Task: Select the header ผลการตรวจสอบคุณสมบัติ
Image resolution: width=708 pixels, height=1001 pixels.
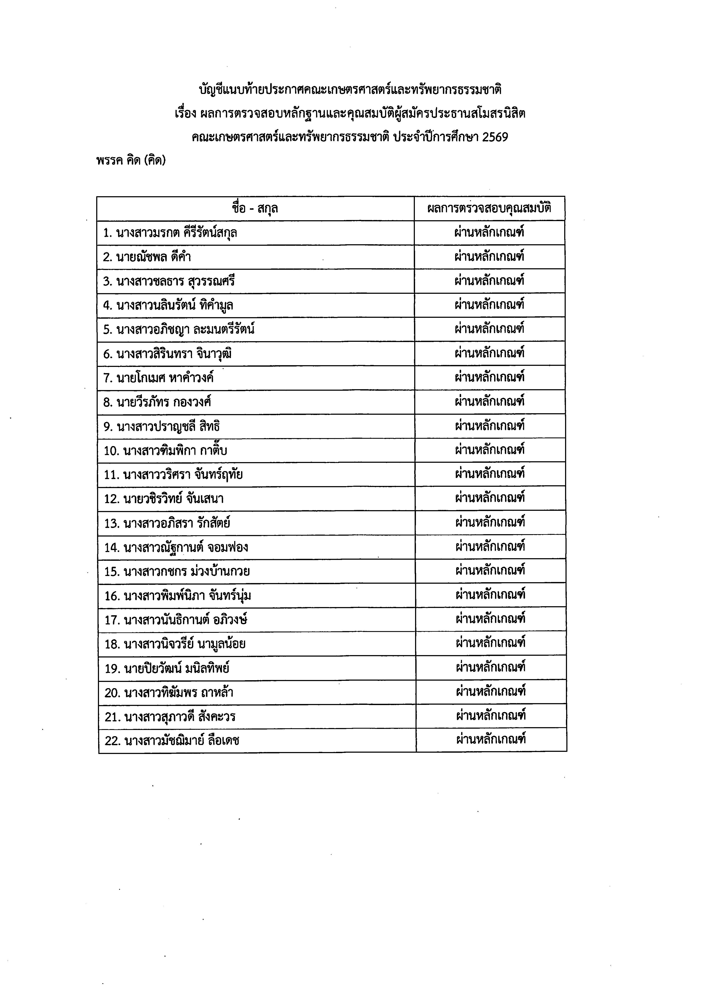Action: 489,208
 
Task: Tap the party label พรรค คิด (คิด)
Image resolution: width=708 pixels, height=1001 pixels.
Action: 131,161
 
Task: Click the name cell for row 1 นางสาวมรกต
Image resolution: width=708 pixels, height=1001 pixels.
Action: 170,232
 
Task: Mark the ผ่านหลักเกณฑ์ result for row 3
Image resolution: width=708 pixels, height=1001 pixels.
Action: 489,280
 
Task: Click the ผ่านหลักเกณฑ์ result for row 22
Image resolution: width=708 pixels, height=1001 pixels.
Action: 491,739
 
